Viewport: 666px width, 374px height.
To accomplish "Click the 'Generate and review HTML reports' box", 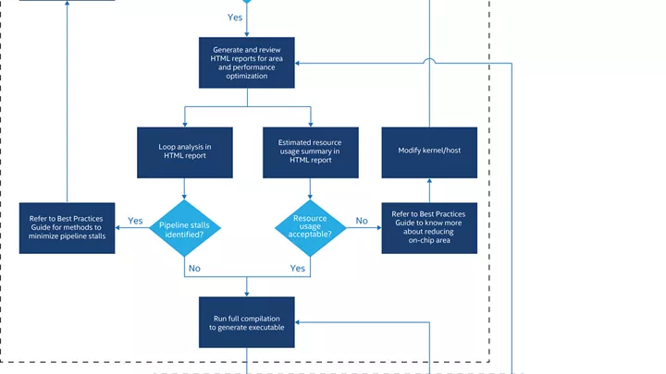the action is tap(247, 63).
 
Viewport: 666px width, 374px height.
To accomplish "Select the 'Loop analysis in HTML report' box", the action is tap(185, 152).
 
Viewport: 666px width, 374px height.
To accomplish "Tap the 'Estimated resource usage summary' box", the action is tap(311, 152).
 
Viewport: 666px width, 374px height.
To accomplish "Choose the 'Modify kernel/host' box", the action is tap(429, 152).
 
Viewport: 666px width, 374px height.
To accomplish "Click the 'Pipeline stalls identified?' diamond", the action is tap(185, 228).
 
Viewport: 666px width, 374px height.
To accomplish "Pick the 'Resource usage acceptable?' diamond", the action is tap(311, 228).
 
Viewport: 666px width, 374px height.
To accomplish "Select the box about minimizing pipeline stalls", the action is tap(68, 228).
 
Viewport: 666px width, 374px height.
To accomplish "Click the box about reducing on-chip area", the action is tap(429, 228).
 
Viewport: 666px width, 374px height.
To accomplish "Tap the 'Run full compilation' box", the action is tap(247, 322).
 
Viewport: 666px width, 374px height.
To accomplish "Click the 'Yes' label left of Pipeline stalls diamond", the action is tap(135, 221).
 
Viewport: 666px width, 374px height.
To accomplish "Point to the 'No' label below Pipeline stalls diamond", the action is tap(194, 269).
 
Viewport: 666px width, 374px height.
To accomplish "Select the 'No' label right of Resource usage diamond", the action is tap(362, 221).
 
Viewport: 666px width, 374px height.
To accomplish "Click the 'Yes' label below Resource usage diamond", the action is tap(297, 269).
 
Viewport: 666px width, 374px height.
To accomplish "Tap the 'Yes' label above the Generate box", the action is tap(235, 18).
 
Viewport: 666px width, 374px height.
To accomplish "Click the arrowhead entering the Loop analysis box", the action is tap(185, 125).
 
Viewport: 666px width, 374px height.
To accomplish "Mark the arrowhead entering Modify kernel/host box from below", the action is tap(429, 181).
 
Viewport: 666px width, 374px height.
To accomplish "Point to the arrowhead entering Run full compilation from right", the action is tap(298, 322).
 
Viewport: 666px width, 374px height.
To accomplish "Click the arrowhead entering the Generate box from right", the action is tap(298, 63).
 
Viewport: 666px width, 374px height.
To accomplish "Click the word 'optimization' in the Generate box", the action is tap(247, 77).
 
